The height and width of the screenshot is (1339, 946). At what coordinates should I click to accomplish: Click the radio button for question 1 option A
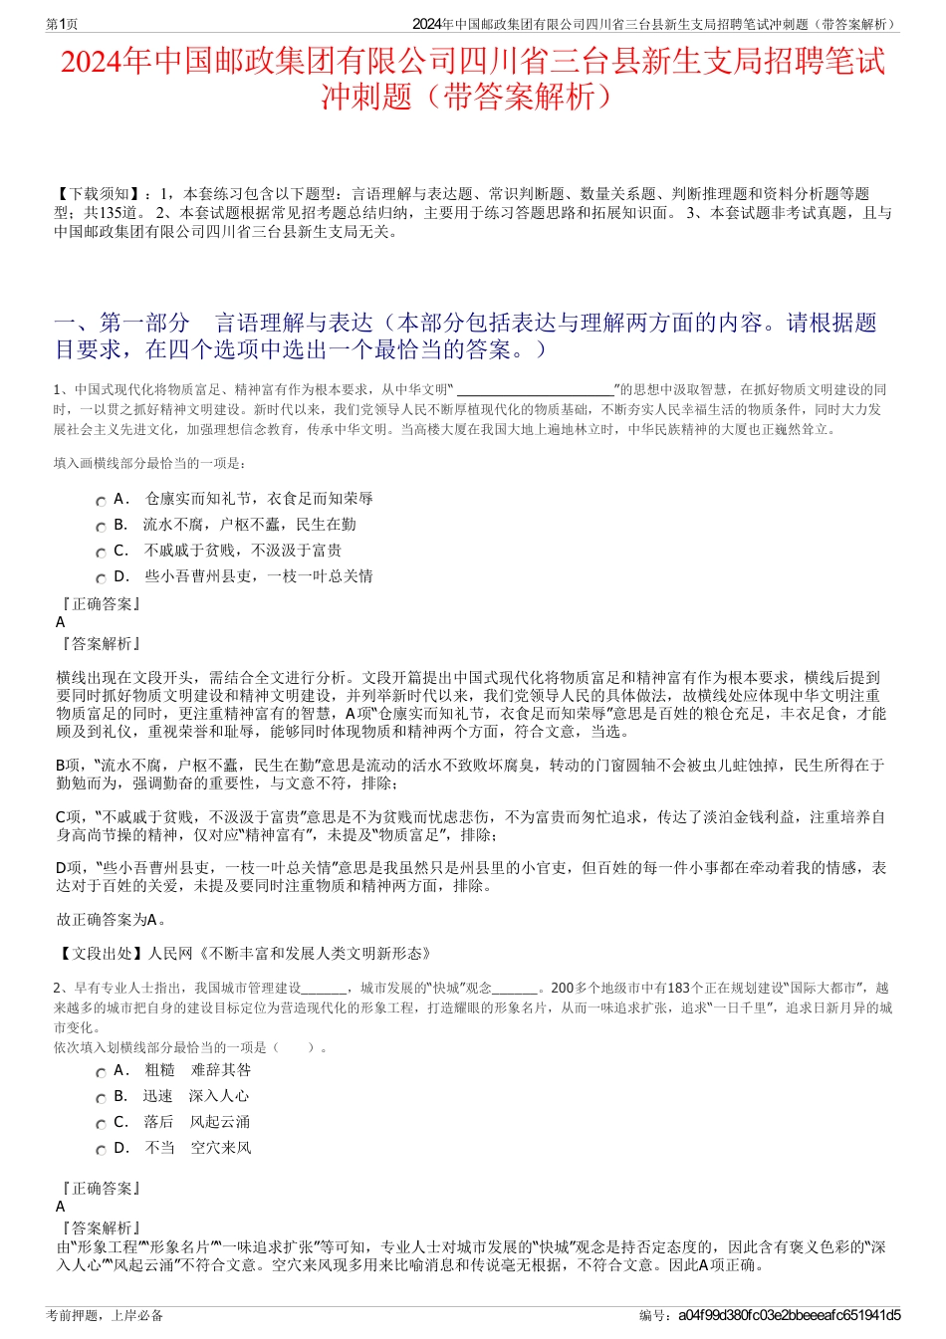(101, 502)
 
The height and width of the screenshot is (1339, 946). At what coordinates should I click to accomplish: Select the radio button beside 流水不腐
(101, 528)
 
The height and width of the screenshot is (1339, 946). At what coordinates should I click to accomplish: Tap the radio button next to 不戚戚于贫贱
(101, 554)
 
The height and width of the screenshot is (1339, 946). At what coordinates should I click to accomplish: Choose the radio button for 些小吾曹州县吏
(101, 579)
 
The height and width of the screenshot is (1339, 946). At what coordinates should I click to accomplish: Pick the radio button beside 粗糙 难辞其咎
(101, 1073)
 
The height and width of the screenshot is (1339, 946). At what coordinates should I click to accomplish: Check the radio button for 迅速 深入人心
(101, 1099)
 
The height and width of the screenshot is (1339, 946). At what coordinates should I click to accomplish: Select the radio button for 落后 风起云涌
(101, 1125)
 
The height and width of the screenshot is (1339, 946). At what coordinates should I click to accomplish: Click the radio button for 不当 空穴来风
(101, 1151)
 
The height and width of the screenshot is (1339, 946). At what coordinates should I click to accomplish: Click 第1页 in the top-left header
(63, 24)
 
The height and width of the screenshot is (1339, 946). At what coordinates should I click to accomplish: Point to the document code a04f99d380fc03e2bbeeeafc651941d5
(789, 1315)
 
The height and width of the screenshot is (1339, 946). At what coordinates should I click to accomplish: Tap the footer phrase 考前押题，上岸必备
(105, 1315)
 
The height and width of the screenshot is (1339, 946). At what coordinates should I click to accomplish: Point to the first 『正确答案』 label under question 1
(100, 604)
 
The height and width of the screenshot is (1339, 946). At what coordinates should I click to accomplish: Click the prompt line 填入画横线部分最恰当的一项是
(149, 463)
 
